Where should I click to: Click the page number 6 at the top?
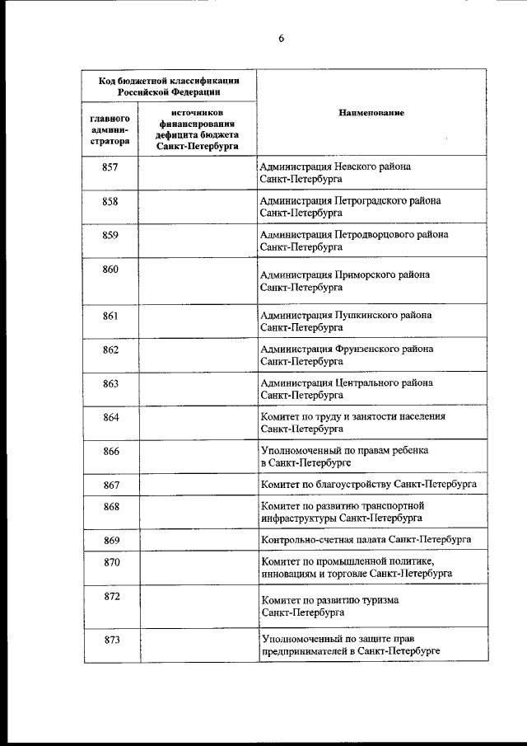click(x=280, y=37)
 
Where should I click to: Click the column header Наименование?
click(x=371, y=112)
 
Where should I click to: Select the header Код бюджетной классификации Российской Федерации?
click(x=169, y=86)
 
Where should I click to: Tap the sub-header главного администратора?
click(x=110, y=129)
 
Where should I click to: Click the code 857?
click(x=110, y=167)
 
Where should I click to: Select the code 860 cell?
click(x=110, y=270)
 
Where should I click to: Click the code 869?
click(x=110, y=540)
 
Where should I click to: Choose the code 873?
click(x=110, y=640)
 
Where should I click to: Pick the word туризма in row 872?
click(x=378, y=601)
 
